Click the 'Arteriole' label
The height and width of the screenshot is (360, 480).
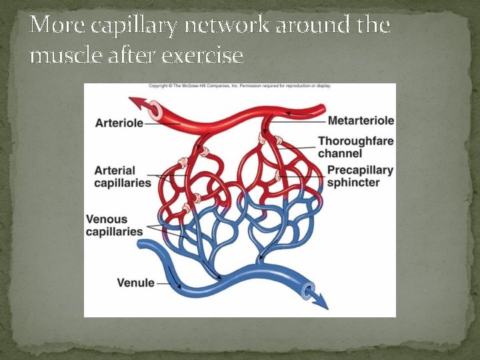119,123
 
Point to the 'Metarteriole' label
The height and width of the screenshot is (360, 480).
361,121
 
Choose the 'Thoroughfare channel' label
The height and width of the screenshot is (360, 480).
355,147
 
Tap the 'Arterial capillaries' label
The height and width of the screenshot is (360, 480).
123,176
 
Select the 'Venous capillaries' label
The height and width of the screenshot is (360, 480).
115,225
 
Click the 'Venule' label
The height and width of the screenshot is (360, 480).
135,282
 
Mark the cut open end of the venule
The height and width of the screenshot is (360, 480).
307,290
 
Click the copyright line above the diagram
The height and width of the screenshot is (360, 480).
239,86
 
